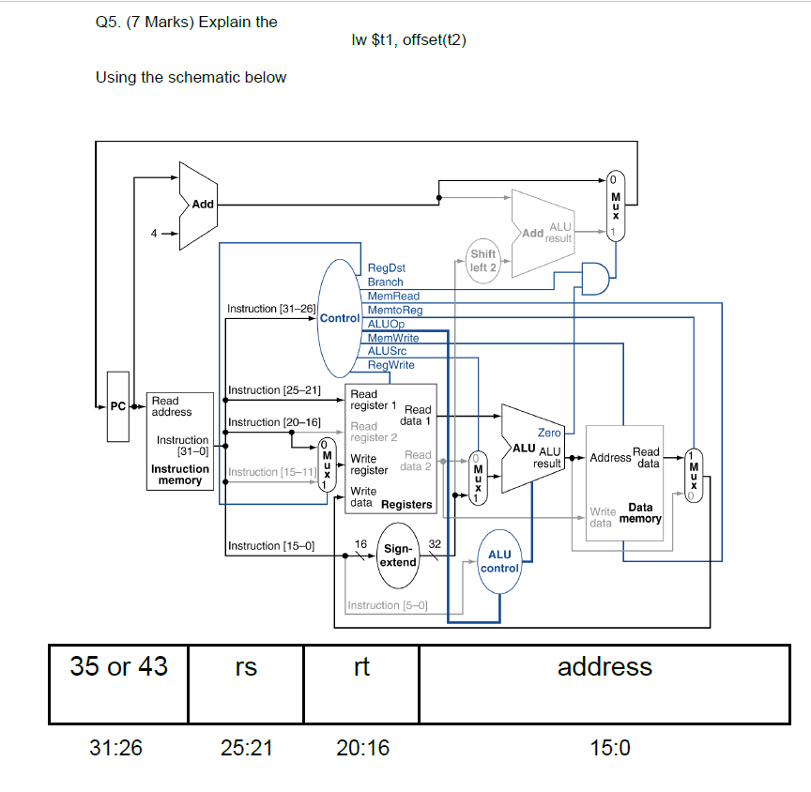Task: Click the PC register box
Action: (x=117, y=406)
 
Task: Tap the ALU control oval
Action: (x=499, y=561)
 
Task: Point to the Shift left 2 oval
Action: (x=483, y=260)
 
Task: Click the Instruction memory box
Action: (x=179, y=441)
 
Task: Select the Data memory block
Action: (x=624, y=482)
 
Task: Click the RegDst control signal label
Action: (x=386, y=268)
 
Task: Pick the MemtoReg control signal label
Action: (x=394, y=310)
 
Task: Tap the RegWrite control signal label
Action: (x=391, y=364)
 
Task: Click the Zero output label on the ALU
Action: (x=548, y=433)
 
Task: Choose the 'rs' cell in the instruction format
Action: (x=246, y=667)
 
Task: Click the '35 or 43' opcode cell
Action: (x=119, y=667)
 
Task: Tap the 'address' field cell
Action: (x=604, y=667)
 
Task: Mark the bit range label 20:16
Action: (x=362, y=748)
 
